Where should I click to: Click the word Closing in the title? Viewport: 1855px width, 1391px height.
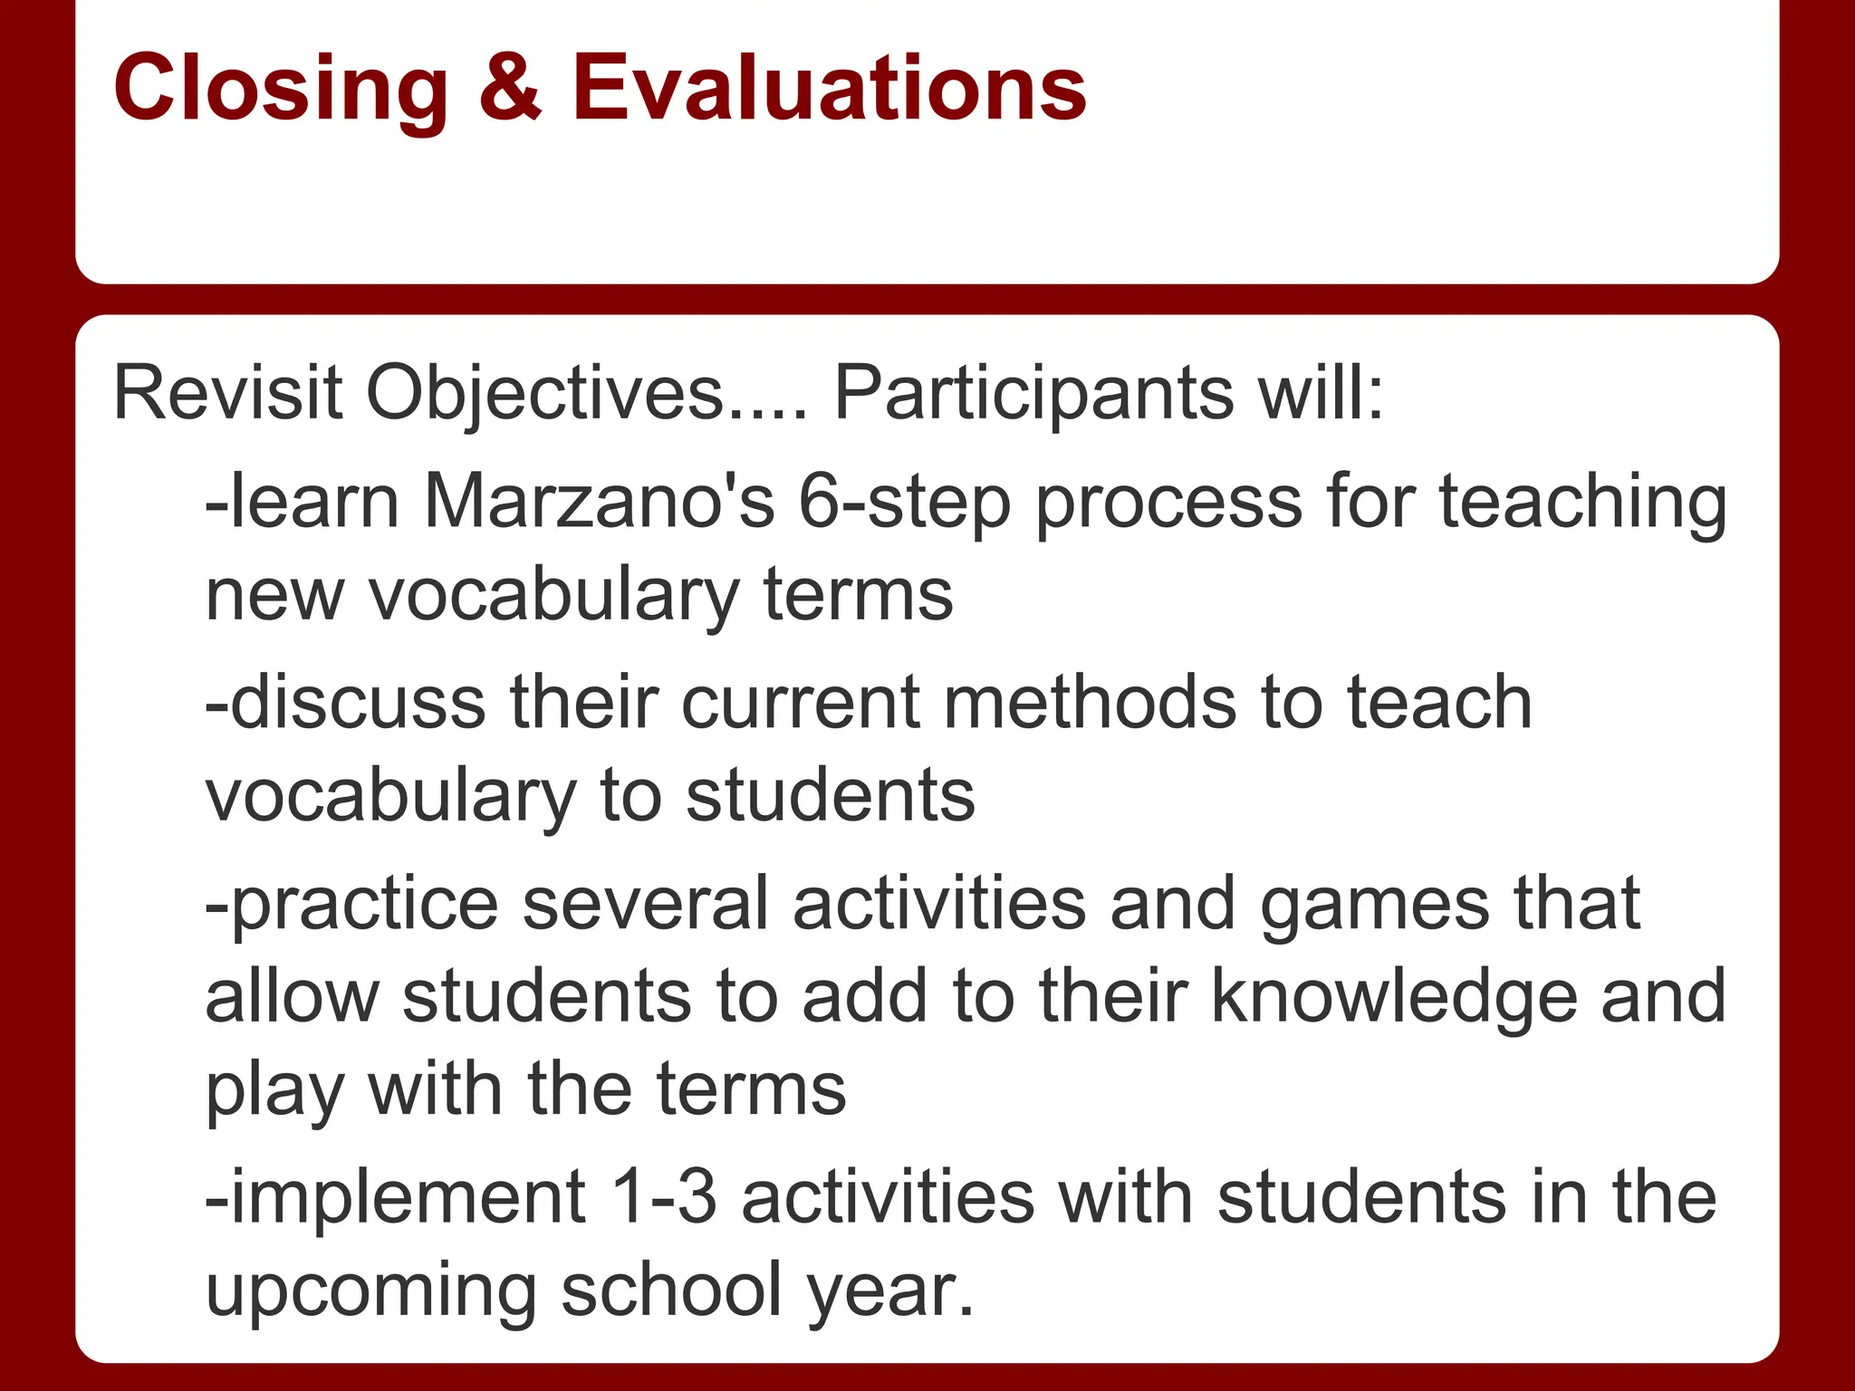(x=281, y=89)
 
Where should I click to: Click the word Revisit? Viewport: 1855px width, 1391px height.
(x=227, y=393)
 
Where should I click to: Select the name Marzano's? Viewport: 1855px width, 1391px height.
(x=599, y=502)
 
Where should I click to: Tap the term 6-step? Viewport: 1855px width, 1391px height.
(x=904, y=504)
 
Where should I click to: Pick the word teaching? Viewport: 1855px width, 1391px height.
(x=1583, y=504)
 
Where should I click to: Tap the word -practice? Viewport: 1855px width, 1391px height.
(x=351, y=904)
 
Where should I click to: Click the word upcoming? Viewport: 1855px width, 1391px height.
(x=371, y=1291)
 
